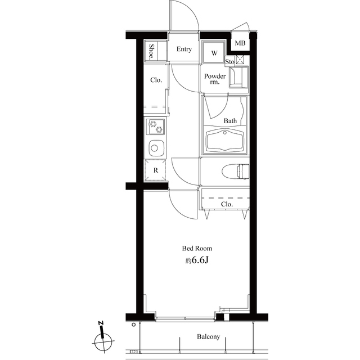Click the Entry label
184,49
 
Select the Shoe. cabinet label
152,52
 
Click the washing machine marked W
214,53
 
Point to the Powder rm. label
215,79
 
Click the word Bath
231,121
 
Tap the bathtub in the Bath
225,141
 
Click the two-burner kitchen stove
155,127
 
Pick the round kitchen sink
155,148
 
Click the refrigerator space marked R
155,170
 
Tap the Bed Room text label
197,248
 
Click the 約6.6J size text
197,261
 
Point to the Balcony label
208,338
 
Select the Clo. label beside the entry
156,80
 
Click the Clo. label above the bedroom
227,205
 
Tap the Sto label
229,61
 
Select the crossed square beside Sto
240,59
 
